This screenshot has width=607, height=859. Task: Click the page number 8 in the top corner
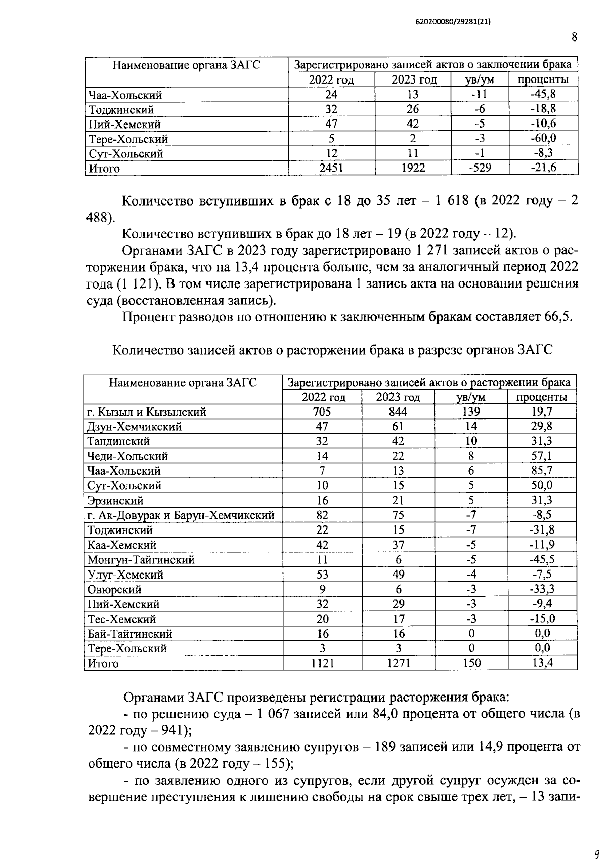click(x=574, y=37)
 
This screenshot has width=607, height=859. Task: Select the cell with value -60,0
click(x=543, y=139)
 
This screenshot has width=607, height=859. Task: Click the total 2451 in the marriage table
click(x=331, y=168)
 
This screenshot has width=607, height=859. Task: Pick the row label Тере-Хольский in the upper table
click(x=128, y=139)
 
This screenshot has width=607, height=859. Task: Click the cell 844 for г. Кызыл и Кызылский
click(x=398, y=412)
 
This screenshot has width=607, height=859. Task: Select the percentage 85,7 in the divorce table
click(x=542, y=471)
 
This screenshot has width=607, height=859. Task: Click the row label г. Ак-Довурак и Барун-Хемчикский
click(x=181, y=516)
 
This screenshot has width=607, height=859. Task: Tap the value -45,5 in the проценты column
click(x=542, y=560)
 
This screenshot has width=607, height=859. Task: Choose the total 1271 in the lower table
click(x=398, y=663)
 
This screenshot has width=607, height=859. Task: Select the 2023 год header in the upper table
click(x=413, y=80)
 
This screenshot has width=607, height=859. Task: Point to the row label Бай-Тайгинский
click(x=130, y=634)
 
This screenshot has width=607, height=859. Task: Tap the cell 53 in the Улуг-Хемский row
click(x=322, y=575)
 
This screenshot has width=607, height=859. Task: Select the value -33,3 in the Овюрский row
click(x=542, y=589)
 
